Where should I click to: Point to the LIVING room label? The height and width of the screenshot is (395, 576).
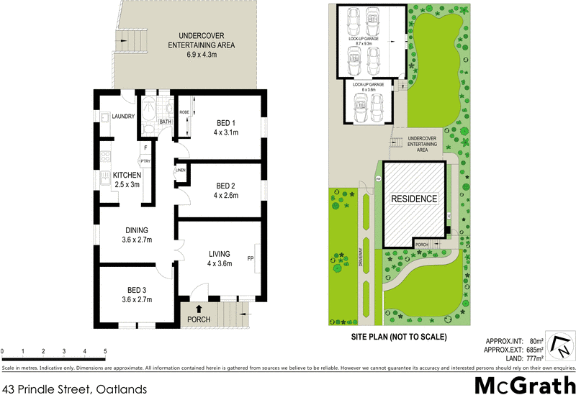(220, 254)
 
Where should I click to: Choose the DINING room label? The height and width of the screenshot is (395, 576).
(137, 230)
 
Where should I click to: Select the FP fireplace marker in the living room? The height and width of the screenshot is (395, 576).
(250, 258)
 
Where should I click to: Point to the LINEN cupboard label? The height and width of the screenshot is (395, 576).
(180, 171)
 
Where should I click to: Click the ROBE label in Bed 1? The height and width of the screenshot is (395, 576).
(184, 113)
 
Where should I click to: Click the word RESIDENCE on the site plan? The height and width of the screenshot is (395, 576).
(413, 199)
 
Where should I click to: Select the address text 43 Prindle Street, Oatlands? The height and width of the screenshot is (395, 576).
(74, 389)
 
